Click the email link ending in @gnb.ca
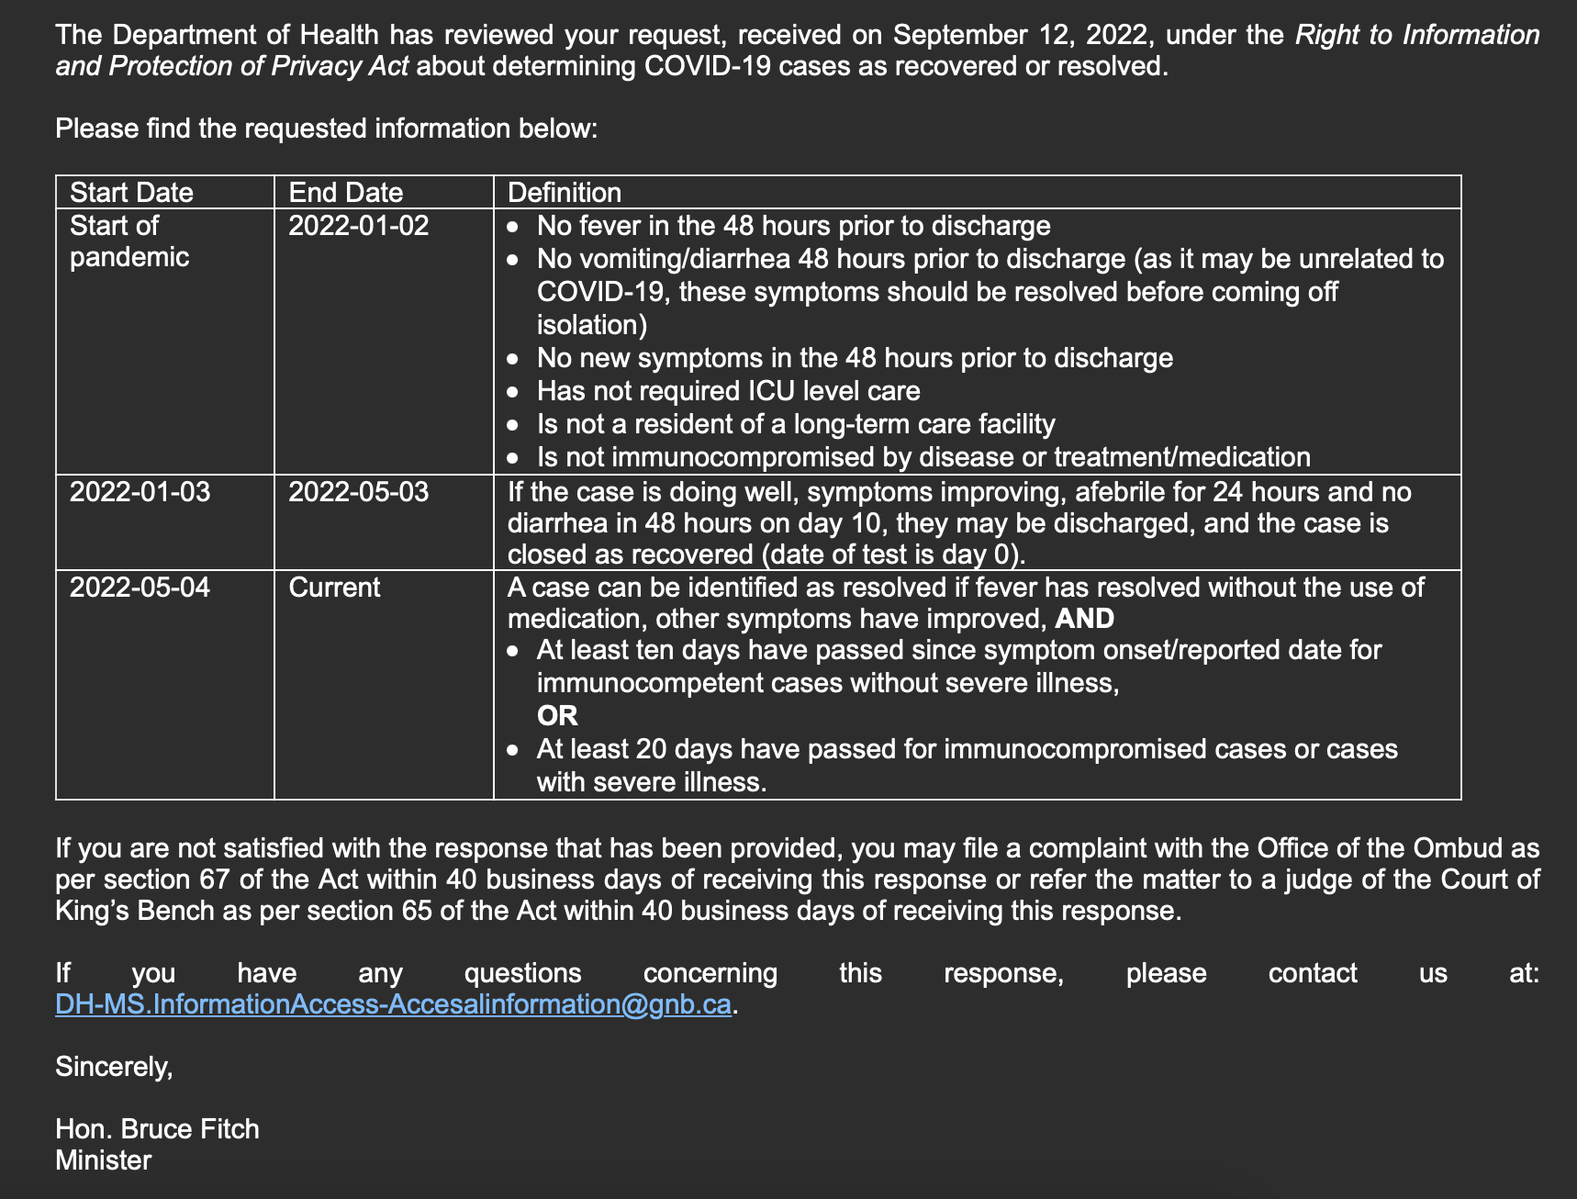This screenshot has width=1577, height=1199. click(393, 1004)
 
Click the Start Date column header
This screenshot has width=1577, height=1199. click(131, 192)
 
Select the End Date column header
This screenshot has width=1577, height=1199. click(346, 192)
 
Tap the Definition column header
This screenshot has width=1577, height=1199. click(565, 192)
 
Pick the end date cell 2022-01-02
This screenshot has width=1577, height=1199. click(359, 226)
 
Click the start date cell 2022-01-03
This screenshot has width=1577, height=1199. click(140, 492)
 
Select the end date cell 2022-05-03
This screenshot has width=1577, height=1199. click(359, 492)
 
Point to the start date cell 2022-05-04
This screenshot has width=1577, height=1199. click(140, 588)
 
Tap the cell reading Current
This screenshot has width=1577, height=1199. click(334, 588)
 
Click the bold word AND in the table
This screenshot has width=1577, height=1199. click(1084, 619)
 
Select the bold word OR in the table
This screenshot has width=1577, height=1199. click(557, 716)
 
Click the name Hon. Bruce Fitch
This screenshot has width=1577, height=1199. click(157, 1128)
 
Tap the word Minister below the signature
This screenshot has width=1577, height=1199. click(104, 1160)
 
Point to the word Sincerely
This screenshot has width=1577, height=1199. click(114, 1067)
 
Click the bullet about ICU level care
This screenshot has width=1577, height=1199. click(728, 391)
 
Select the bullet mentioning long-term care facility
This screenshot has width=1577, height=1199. click(796, 424)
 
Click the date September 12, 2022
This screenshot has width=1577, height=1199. click(1020, 35)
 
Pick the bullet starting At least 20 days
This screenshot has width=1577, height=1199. click(967, 749)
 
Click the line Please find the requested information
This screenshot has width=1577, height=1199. click(326, 129)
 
